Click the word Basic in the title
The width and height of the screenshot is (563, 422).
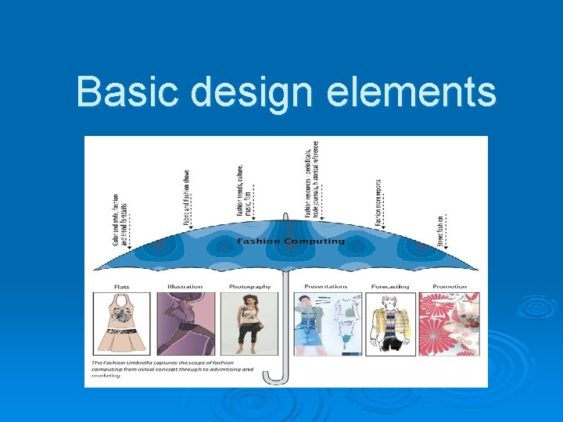tap(128, 91)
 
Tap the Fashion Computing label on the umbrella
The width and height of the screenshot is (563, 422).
tap(290, 241)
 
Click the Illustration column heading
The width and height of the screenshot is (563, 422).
tap(185, 286)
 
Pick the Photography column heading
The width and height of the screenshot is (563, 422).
tap(249, 286)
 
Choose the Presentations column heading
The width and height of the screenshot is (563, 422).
tap(325, 286)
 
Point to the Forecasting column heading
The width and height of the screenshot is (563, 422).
tap(390, 286)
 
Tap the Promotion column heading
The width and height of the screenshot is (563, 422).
tap(449, 286)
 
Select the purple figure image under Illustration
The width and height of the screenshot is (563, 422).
tap(185, 324)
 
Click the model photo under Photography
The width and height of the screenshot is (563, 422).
tap(250, 324)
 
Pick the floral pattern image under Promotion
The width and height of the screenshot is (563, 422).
tap(450, 324)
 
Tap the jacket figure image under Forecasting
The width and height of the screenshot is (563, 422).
tap(390, 324)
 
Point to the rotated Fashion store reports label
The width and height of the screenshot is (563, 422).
tap(378, 202)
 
